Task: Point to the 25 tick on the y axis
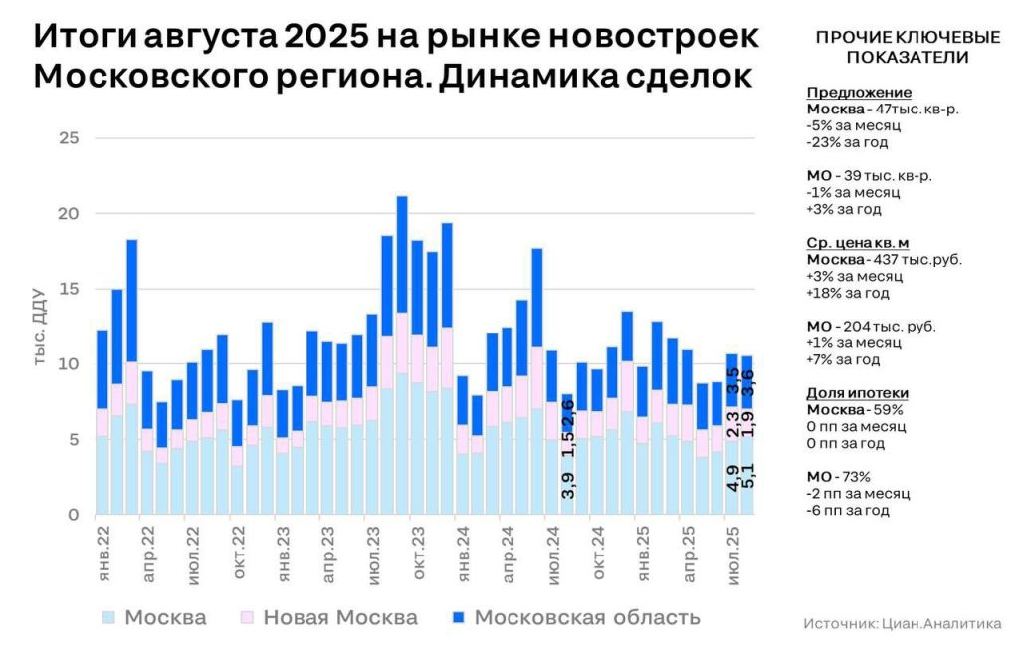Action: tap(68, 138)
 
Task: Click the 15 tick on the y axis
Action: tap(68, 290)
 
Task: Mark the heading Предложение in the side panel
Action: tap(845, 93)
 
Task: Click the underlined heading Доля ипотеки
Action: tap(857, 393)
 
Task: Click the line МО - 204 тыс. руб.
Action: tap(872, 326)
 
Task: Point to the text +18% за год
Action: tap(844, 293)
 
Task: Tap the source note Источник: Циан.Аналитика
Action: tap(902, 624)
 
